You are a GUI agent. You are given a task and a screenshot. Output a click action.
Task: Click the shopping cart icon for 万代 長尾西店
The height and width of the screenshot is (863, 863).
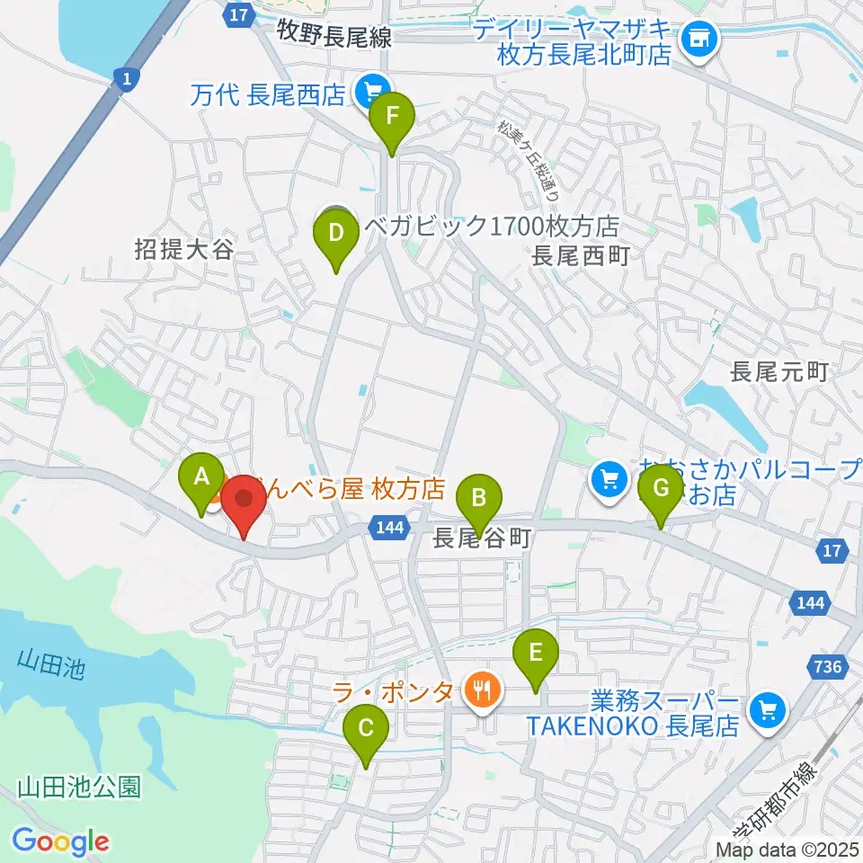[369, 90]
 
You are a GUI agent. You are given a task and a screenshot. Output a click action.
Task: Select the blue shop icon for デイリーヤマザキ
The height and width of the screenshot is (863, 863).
[698, 38]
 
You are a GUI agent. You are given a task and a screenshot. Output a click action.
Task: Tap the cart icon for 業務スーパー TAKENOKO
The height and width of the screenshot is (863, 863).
[768, 710]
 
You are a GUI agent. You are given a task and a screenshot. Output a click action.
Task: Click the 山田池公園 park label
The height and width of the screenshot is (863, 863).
[79, 788]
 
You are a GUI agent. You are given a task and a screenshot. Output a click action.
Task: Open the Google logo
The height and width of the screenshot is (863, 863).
[61, 841]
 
